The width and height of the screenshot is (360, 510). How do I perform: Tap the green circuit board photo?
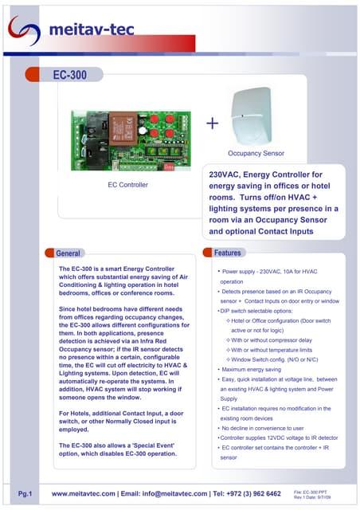point(127,139)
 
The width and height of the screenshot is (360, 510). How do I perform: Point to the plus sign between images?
point(212,124)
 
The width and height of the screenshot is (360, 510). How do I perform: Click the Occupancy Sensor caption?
point(256,151)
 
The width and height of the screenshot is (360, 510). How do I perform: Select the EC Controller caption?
point(129,185)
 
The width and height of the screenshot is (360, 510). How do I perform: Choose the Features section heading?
point(228,253)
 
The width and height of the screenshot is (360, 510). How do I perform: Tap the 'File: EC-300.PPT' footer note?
point(312,491)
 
